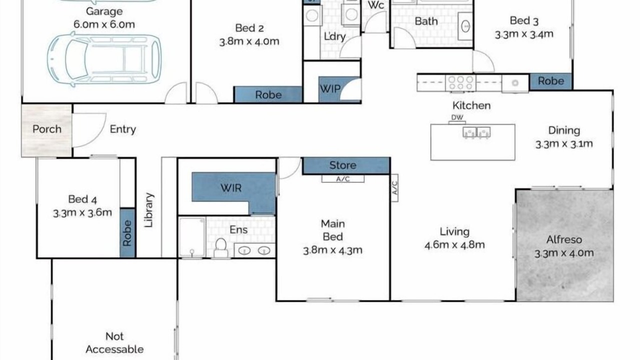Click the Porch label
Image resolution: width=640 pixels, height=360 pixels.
(x=47, y=129)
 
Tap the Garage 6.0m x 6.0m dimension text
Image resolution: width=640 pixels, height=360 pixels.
(x=104, y=24)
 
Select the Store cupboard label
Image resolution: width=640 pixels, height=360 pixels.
(x=343, y=165)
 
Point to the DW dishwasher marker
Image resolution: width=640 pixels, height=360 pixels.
(x=457, y=117)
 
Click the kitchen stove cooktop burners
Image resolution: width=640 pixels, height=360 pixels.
(x=460, y=83)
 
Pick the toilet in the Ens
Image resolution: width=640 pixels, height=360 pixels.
(x=221, y=248)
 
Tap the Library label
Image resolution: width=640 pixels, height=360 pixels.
(x=149, y=210)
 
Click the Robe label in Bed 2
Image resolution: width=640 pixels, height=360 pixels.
(x=268, y=95)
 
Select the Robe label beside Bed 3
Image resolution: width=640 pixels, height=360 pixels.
(x=551, y=81)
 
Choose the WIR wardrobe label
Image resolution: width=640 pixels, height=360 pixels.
(x=231, y=188)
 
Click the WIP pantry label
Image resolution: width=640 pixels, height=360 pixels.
(x=330, y=89)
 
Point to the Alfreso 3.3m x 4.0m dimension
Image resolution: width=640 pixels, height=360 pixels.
(x=564, y=253)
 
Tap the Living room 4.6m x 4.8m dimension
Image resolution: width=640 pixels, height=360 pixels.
(x=454, y=245)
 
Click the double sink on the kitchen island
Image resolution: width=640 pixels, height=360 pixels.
(x=476, y=133)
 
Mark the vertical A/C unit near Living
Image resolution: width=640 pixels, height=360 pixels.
(x=394, y=187)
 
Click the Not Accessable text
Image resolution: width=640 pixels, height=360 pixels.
(x=114, y=343)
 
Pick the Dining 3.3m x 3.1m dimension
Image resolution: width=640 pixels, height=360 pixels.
(x=564, y=144)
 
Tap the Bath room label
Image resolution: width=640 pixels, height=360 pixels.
(x=426, y=21)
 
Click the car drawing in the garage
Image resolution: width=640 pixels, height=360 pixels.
(x=104, y=59)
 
